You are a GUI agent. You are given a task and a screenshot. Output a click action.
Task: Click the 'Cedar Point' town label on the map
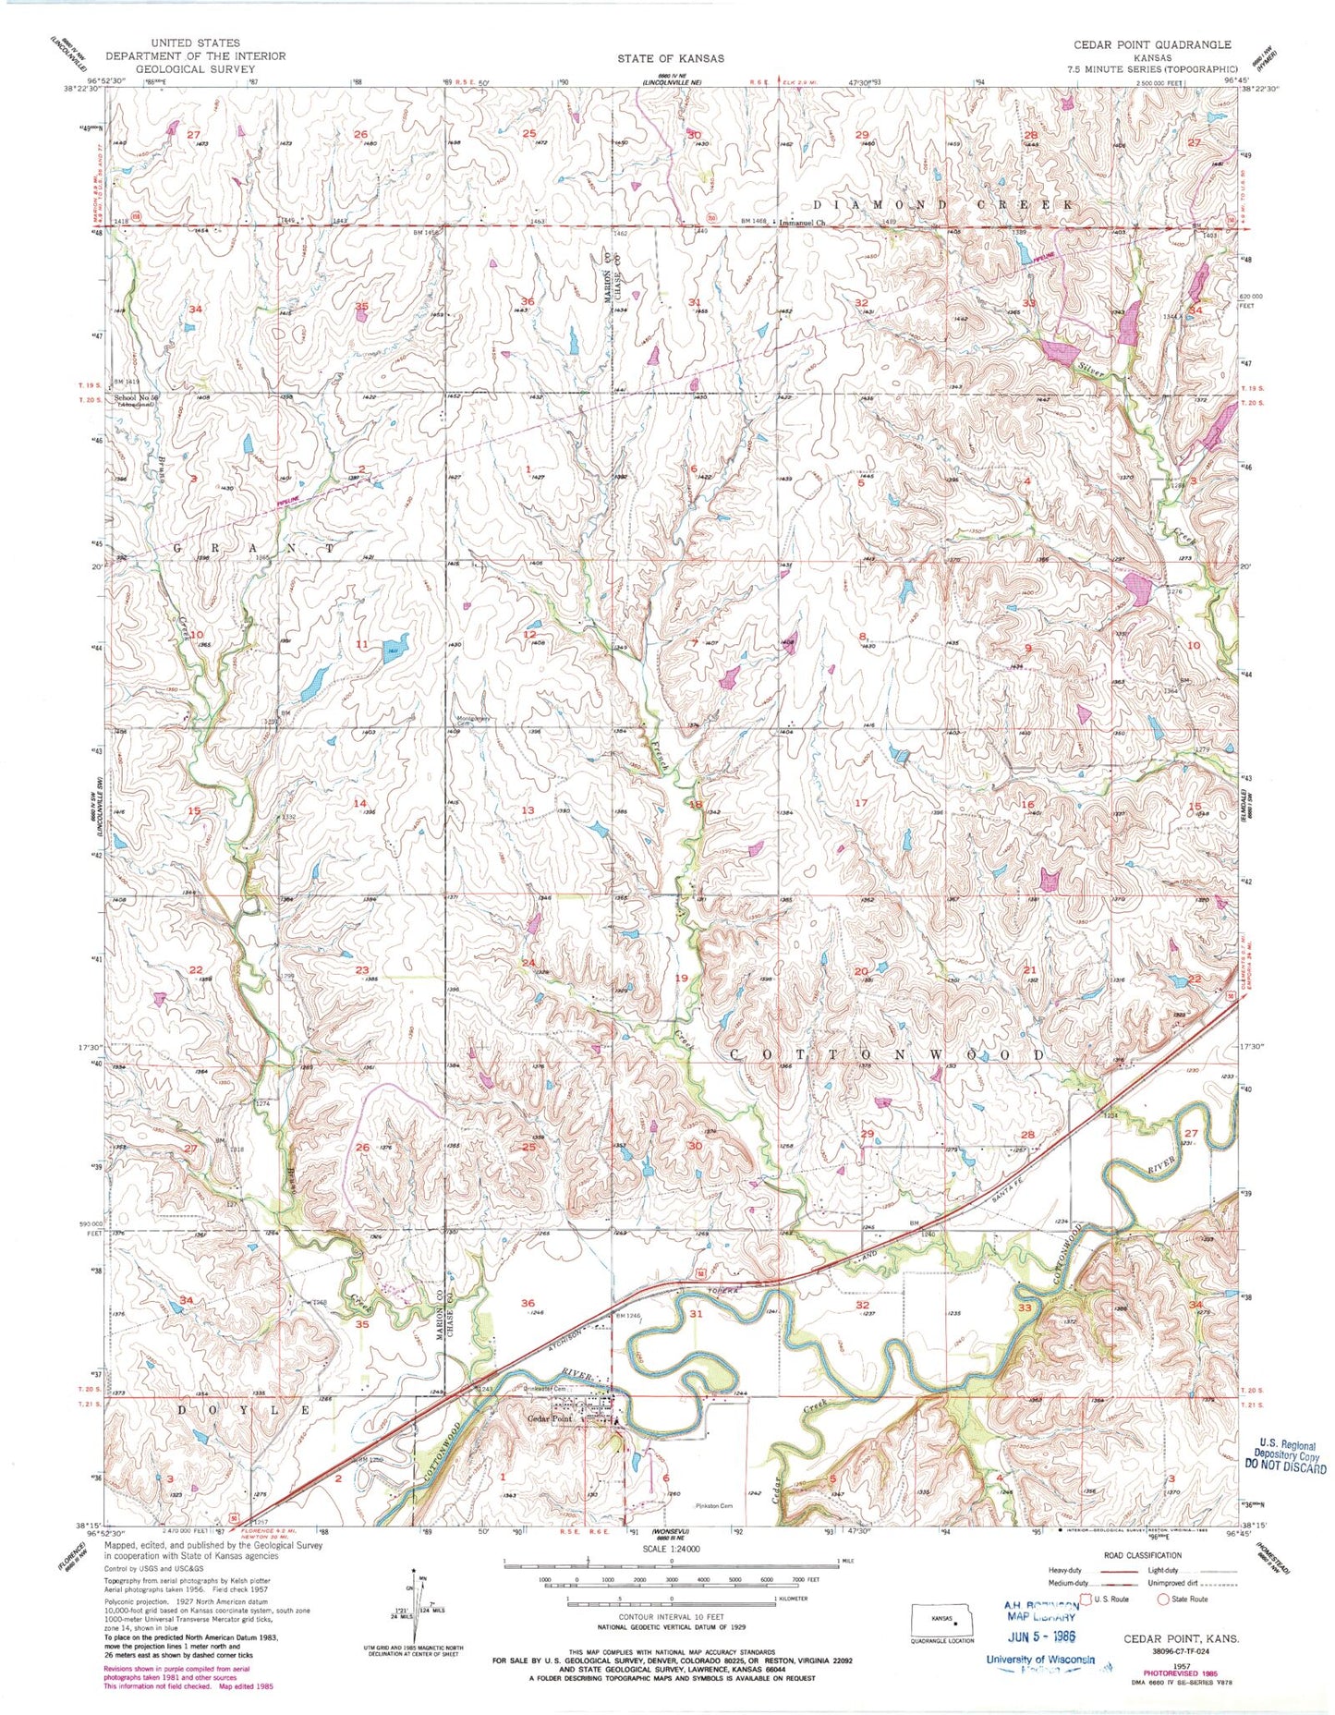click(552, 1418)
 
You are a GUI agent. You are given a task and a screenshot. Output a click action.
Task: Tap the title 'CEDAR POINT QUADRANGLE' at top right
click(1152, 44)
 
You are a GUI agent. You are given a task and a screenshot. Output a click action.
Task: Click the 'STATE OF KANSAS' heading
click(672, 57)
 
